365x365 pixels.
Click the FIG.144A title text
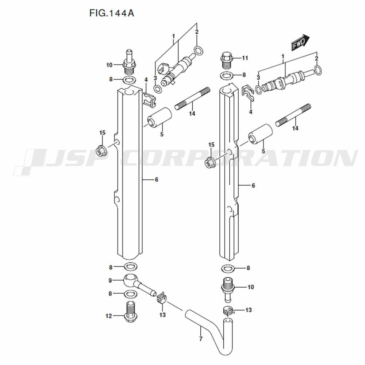click(x=112, y=13)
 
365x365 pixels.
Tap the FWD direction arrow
click(x=300, y=43)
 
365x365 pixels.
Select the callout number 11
click(x=245, y=58)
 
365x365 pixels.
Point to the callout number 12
click(x=109, y=316)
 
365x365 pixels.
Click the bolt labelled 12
click(x=131, y=312)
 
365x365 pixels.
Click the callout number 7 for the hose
click(x=201, y=339)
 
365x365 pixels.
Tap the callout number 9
click(x=110, y=280)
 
